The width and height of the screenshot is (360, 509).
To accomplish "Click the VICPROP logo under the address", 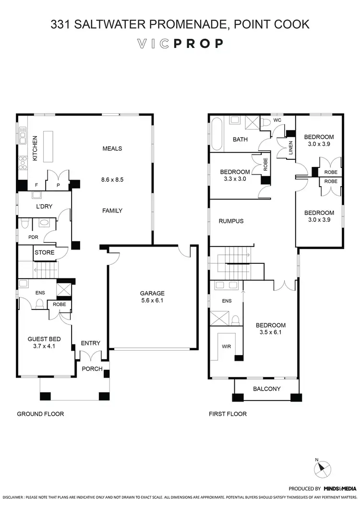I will pos(180,44).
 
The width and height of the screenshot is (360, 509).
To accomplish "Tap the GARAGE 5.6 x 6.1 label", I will pos(152,296).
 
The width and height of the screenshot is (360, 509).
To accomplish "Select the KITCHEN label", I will pos(35,148).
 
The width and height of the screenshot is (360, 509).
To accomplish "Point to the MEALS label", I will pos(112,148).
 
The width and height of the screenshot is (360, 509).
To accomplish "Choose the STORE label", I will pos(44,252).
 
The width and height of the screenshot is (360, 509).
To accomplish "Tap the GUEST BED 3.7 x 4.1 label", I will pos(42,341).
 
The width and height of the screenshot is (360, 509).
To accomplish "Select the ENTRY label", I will pos(91,343).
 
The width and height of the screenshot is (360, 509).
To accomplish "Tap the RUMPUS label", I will pos(231,221).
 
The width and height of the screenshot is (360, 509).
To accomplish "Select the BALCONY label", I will pos(266,389).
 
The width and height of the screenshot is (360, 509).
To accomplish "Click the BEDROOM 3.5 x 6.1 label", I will pos(270,328).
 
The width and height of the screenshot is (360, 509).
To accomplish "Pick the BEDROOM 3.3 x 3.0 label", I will pos(235,175).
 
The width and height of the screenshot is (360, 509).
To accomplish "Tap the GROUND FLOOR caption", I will pos(40,414).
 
